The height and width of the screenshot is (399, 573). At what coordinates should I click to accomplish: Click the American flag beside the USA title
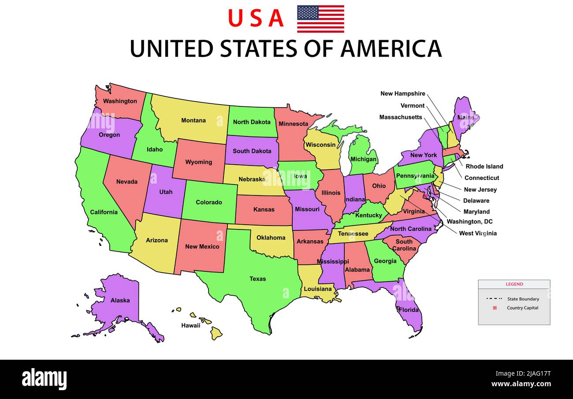click(x=320, y=19)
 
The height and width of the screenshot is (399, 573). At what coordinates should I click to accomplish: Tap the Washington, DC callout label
click(x=469, y=222)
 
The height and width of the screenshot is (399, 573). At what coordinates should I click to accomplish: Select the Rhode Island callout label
click(x=484, y=166)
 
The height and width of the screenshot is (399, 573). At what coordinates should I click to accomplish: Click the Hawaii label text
click(x=190, y=325)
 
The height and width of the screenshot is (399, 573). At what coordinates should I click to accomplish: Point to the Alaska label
click(x=120, y=301)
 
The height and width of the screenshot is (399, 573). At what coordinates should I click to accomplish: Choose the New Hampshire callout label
click(x=402, y=94)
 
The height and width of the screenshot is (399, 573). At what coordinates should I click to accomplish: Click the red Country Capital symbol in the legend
click(x=495, y=308)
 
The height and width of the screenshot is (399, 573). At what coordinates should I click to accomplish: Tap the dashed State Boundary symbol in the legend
click(x=495, y=299)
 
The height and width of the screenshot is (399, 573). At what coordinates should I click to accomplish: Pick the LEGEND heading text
click(x=514, y=284)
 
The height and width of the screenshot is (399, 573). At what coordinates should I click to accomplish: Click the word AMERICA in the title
click(x=391, y=49)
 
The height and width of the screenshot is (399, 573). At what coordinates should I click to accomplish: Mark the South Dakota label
click(x=252, y=151)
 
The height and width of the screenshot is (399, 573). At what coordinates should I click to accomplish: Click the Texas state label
click(x=257, y=279)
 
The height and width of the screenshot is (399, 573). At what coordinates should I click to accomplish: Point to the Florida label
click(x=409, y=310)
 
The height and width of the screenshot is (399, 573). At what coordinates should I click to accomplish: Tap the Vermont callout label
click(x=412, y=105)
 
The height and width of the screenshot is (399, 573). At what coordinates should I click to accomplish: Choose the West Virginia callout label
click(x=477, y=233)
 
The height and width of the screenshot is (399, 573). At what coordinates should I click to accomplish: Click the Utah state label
click(x=166, y=192)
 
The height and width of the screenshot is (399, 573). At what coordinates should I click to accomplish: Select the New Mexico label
click(x=202, y=246)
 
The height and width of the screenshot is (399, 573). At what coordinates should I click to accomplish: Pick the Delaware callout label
click(x=476, y=201)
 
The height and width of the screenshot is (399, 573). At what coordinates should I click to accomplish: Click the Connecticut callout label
click(x=481, y=178)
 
